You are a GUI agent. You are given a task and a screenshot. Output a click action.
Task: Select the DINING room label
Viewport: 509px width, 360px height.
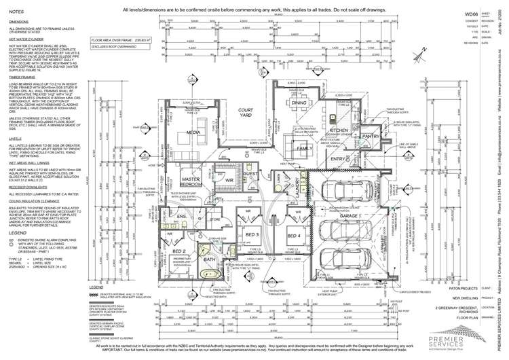pyautogui.click(x=299, y=103)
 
